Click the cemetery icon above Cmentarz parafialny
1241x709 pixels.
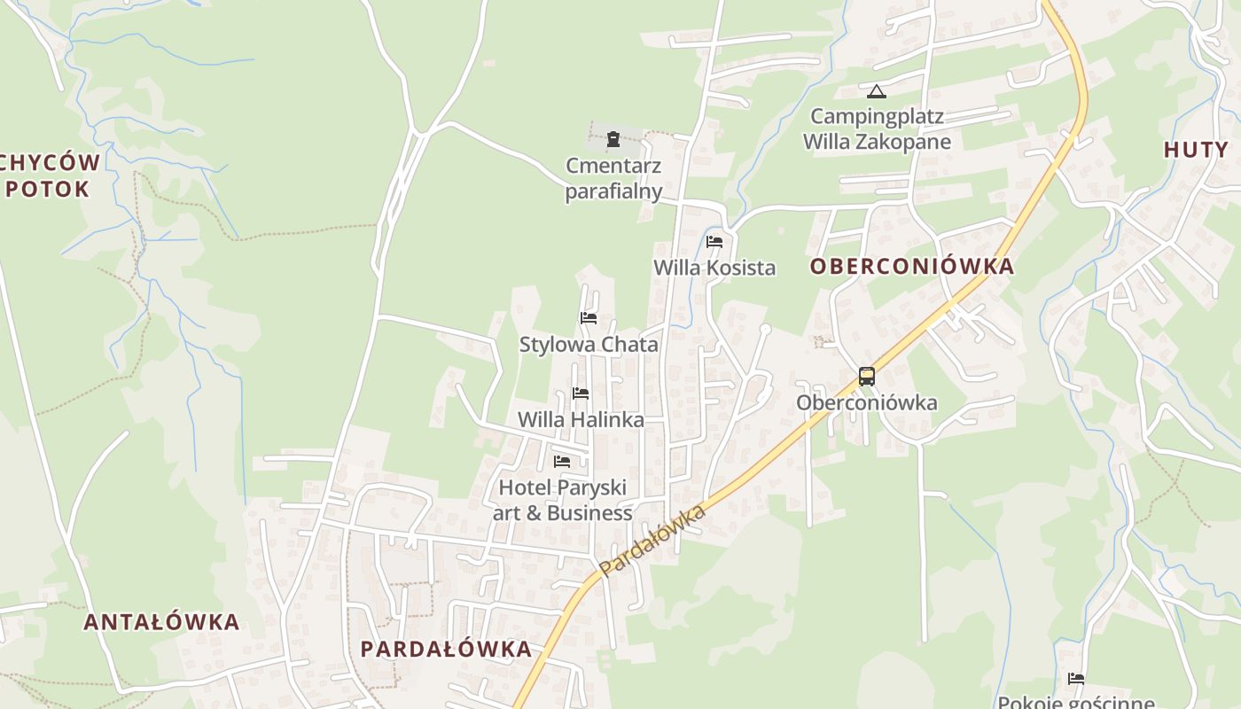[613, 139]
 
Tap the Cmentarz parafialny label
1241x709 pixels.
[614, 178]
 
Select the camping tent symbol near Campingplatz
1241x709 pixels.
[877, 91]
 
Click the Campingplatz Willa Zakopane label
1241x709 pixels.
[877, 129]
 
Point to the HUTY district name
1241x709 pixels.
[1196, 150]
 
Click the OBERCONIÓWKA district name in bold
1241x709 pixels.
[912, 266]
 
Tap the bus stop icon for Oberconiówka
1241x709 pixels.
[867, 377]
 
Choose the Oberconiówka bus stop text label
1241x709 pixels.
[866, 402]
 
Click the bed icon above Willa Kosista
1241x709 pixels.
[714, 242]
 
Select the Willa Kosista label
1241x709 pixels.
[714, 268]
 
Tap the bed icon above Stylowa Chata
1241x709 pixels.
[589, 318]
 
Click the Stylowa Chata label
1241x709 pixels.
[589, 345]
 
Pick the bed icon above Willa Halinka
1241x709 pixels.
[581, 393]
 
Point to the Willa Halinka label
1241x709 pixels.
[581, 419]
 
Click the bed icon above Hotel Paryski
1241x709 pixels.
[562, 462]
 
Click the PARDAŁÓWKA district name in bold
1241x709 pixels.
[446, 649]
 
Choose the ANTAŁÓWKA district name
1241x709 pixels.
[162, 621]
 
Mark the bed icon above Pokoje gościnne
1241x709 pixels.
[1076, 680]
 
